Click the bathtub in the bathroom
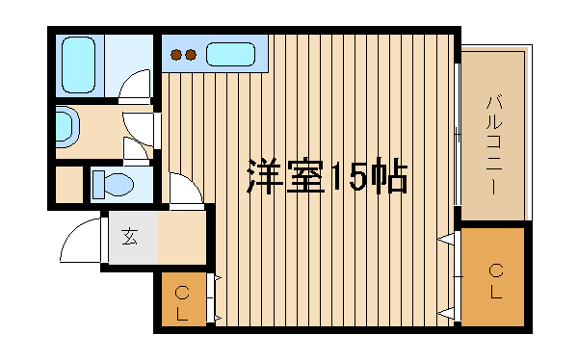pyautogui.click(x=78, y=64)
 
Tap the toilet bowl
pyautogui.click(x=119, y=184)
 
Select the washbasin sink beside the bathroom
pyautogui.click(x=67, y=126)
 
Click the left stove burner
pyautogui.click(x=176, y=55)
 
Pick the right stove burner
pyautogui.click(x=190, y=55)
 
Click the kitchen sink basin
pyautogui.click(x=230, y=55)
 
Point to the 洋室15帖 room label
pyautogui.click(x=327, y=176)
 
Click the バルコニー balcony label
pyautogui.click(x=494, y=144)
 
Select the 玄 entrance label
pyautogui.click(x=130, y=237)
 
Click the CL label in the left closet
pyautogui.click(x=182, y=303)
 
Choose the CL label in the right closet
pyautogui.click(x=496, y=281)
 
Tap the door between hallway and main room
pyautogui.click(x=187, y=191)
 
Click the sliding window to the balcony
pyautogui.click(x=457, y=135)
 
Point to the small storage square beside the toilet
pyautogui.click(x=69, y=184)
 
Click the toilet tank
pyautogui.click(x=98, y=184)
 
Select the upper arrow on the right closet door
pyautogui.click(x=445, y=240)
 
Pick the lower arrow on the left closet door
pyautogui.click(x=217, y=318)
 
